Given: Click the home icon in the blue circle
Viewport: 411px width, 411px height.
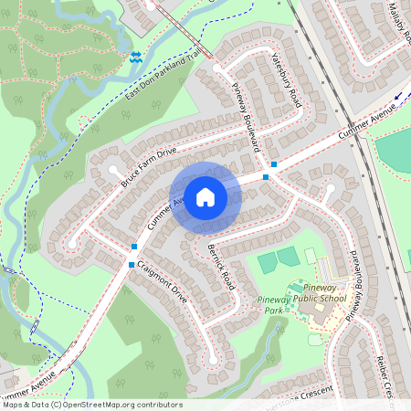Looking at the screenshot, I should point(205,197).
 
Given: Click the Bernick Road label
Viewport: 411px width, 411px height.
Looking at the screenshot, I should point(220,266).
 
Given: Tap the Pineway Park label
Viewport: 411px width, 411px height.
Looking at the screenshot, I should point(274,304).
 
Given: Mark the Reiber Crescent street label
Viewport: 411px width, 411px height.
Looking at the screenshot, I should point(385,374).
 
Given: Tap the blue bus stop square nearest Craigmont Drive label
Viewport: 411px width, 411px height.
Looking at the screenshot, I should point(132,265).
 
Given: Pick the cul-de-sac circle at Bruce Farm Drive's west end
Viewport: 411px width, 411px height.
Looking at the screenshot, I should point(114,170).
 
